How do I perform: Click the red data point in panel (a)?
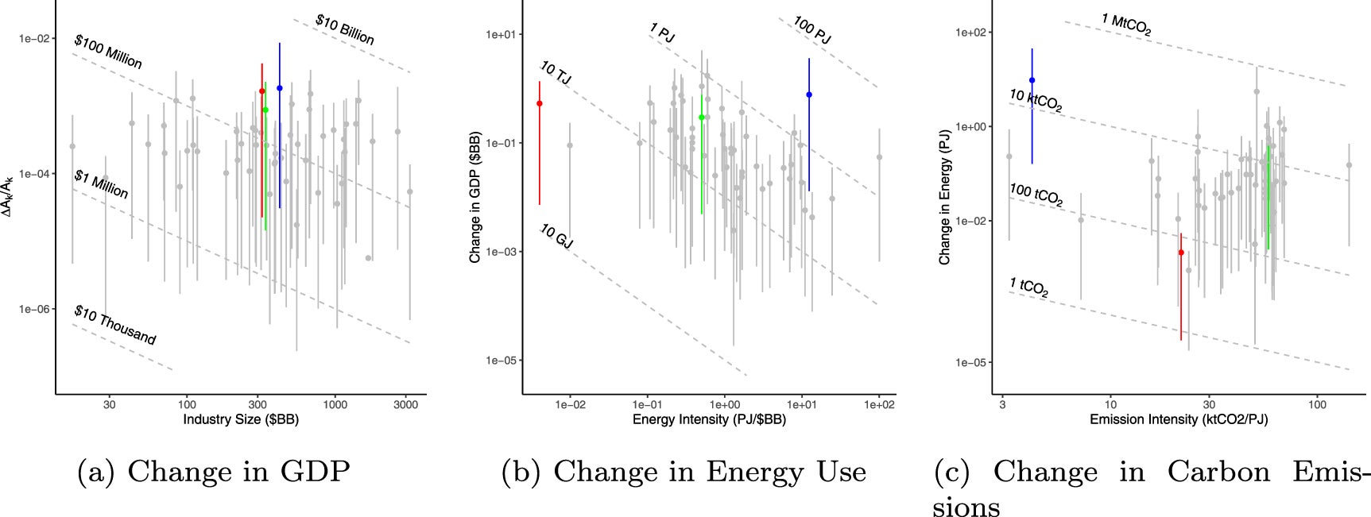[261, 91]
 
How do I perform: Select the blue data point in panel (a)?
[280, 88]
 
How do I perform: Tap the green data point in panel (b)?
[701, 118]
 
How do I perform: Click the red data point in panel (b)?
[540, 103]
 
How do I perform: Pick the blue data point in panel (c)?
[1032, 80]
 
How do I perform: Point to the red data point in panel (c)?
[1181, 253]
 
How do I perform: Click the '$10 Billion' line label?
[344, 29]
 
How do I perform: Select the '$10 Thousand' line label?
[114, 325]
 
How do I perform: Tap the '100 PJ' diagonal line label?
[811, 30]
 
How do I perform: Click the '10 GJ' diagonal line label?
[556, 236]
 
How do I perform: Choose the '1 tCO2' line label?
[1028, 287]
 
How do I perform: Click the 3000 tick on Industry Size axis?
[405, 404]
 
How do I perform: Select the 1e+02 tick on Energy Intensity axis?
[879, 404]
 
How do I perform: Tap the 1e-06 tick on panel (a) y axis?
[35, 309]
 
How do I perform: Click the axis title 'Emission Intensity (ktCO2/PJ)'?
[1179, 419]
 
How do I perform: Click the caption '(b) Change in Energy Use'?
[684, 472]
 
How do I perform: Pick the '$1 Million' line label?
[101, 184]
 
